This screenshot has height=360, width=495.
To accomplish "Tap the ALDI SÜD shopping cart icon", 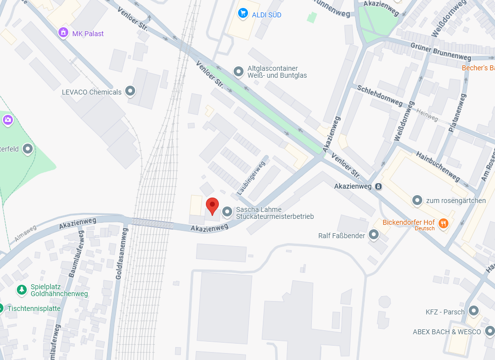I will coord(243,13).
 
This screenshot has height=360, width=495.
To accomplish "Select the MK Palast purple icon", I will coord(63,33).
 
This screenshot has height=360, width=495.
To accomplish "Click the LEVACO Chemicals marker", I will coord(130,91).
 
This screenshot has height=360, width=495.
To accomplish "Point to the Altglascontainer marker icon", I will coord(239,72).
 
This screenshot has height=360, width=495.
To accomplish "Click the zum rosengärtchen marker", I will coord(417,200).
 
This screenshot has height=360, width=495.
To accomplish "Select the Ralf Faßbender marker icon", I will coord(374,235).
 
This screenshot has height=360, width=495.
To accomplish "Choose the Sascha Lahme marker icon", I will coord(227,212).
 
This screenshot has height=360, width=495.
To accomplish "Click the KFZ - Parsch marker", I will coord(474,311).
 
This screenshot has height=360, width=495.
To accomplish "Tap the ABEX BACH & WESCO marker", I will coord(490,331).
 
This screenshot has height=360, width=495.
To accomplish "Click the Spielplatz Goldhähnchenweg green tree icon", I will coord(22,289).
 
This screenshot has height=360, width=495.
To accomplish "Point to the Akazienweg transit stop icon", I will coord(378,186).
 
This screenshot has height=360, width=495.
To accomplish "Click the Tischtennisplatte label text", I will coord(34,308).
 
